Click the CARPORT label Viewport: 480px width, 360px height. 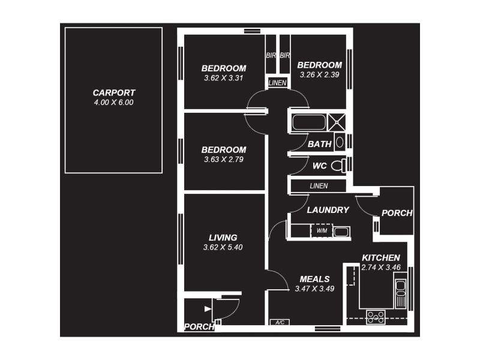coord(114,93)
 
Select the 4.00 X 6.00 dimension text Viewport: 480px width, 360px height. coord(114,103)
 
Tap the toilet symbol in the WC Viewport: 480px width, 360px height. coord(339,166)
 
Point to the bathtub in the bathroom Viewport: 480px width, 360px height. coord(308,122)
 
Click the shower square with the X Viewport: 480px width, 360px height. coord(337,121)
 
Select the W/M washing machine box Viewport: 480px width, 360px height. coord(321,231)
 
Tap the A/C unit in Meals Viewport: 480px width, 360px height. coord(280,322)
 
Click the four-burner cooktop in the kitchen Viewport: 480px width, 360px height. coord(376,316)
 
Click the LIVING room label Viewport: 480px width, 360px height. coord(223,237)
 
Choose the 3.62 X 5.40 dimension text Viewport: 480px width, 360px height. coord(223,247)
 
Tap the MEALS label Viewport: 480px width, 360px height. coord(314,279)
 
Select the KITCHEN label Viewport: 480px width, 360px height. coord(380,257)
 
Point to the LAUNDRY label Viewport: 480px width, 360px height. coord(328,210)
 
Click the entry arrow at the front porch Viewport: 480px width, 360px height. coord(208,309)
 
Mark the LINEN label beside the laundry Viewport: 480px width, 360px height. coord(319,186)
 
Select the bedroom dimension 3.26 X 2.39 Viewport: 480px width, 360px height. coord(320,74)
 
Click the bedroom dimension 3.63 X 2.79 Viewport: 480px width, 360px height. coord(224,160)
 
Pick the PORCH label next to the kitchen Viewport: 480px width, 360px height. coord(397,213)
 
